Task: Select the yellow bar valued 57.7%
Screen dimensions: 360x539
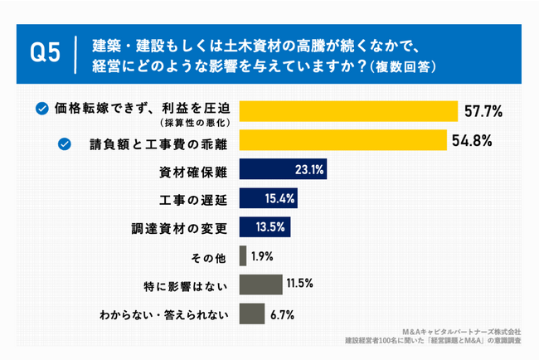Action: pos(348,111)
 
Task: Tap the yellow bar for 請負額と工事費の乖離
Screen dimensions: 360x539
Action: pos(343,142)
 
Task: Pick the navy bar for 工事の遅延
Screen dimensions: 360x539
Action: pos(268,199)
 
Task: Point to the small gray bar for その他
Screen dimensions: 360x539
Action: pos(243,255)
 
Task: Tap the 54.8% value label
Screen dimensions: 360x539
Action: pos(473,142)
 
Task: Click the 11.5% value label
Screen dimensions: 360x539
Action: pos(299,285)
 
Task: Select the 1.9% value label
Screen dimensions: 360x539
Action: pos(262,255)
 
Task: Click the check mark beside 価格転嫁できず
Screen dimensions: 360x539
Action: pos(41,108)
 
